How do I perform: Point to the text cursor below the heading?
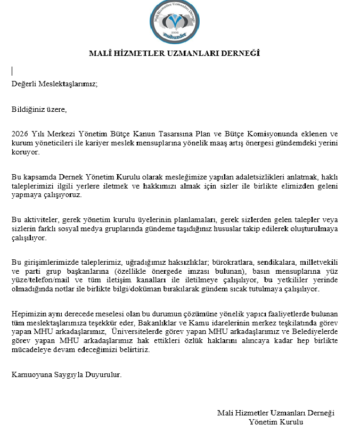12,70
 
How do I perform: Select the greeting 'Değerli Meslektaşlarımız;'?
55,84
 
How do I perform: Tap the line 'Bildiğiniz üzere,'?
40,110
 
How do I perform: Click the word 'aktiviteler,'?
43,220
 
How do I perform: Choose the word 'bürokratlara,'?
234,263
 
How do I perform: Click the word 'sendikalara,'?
279,263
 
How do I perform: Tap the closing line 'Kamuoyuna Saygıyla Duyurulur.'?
67,374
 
